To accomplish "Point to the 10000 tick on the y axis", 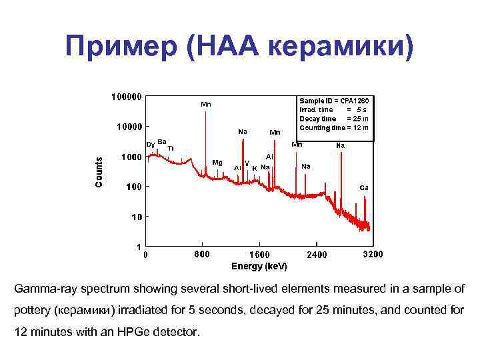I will coord(127,127).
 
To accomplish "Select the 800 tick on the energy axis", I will coord(201,254).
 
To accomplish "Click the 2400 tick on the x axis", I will coord(318,255).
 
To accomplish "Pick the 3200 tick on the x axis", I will coord(372,255).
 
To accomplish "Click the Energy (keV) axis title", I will coord(259,266).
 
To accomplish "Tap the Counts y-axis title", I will coord(99,171).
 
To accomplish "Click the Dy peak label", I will coord(151,145).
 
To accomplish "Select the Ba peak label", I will coord(162,141).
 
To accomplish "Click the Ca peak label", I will coord(364,187).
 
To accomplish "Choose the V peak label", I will coord(247,163).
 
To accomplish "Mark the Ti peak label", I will coord(171,148).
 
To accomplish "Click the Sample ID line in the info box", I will coord(334,100).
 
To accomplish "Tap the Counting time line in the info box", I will coord(334,127).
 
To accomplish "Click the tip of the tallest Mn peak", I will coord(205,111).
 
